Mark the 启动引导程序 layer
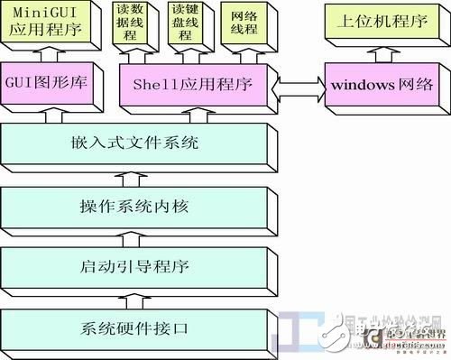click(x=135, y=268)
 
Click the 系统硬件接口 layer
click(x=135, y=328)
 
